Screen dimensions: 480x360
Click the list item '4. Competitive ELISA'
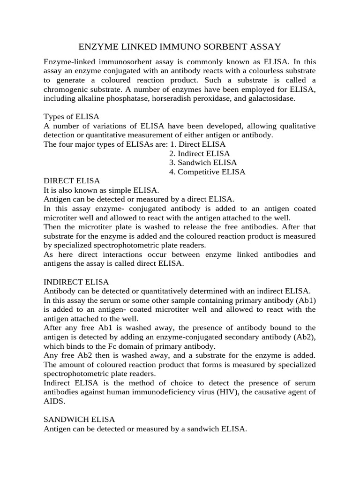(x=207, y=172)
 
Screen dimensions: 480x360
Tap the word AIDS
(x=53, y=402)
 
